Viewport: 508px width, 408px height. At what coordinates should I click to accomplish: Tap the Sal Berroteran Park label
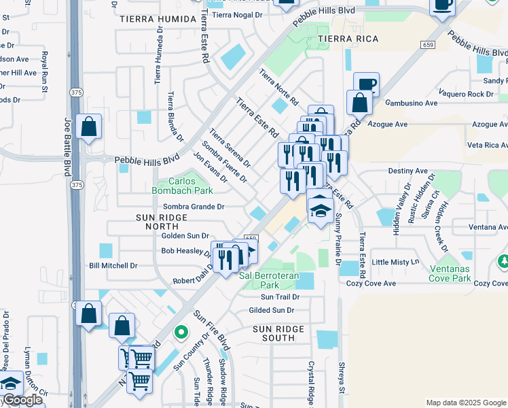(x=269, y=281)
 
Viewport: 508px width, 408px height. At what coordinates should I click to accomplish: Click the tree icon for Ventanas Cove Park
(x=503, y=261)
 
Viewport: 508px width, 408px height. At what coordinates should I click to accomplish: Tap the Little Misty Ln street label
(x=397, y=262)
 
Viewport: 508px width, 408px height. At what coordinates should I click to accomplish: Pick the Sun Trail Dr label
(x=280, y=296)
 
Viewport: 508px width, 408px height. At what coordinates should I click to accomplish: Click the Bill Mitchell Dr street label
(x=113, y=266)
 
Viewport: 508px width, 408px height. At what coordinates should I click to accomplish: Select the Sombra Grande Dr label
(x=194, y=207)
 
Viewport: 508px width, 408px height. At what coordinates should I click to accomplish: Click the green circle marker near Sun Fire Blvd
(x=180, y=333)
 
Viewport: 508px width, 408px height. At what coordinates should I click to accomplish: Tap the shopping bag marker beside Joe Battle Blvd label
(x=89, y=127)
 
